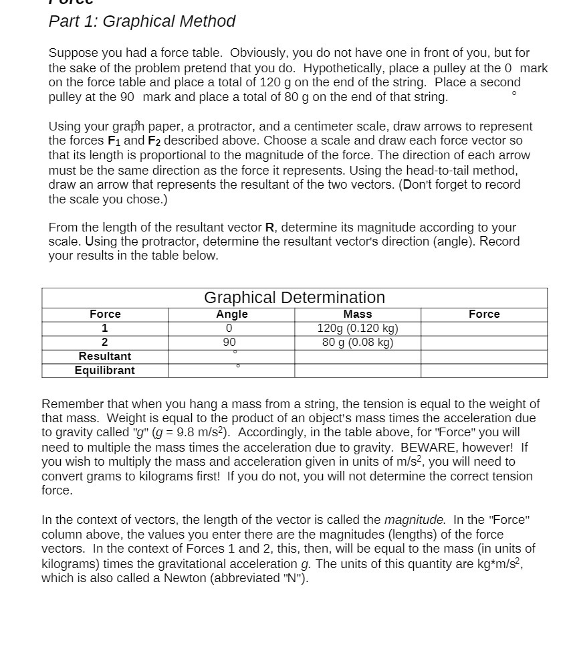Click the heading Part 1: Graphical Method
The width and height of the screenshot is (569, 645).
point(142,21)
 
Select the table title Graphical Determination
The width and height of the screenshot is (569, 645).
point(294,298)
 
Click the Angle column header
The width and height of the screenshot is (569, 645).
point(231,314)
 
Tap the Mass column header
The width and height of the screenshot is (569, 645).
point(357,314)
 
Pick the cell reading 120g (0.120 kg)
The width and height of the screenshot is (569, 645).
point(357,329)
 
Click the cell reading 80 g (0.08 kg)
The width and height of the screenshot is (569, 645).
point(357,343)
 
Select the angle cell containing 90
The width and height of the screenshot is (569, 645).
point(229,343)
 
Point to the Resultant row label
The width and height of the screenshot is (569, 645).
point(105,357)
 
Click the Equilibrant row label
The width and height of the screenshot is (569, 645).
point(105,371)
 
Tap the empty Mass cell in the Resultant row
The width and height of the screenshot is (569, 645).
point(357,357)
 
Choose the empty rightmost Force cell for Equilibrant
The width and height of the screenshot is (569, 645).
point(484,371)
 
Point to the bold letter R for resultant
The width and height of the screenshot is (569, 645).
point(270,227)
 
